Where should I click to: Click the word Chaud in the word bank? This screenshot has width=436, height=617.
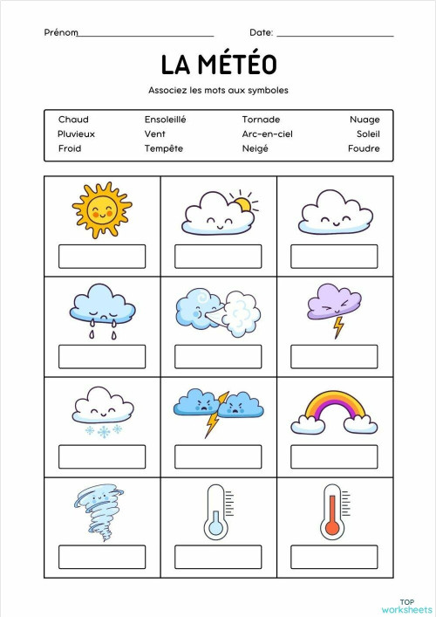coord(73,120)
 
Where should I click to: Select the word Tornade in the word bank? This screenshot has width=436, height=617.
coord(261,120)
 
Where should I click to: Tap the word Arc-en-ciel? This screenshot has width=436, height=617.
coord(267,134)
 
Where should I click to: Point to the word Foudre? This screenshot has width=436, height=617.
coord(364,149)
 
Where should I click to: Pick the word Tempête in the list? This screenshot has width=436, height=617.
coord(164,149)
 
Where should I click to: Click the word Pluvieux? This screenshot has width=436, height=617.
coord(77,134)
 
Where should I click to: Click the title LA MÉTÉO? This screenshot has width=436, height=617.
coord(218,65)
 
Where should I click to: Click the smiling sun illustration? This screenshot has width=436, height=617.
coord(101,209)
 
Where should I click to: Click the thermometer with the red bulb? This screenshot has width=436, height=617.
coord(332,511)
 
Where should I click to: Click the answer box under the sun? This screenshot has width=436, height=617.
coord(102,257)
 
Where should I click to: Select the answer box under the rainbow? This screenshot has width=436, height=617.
coord(334,457)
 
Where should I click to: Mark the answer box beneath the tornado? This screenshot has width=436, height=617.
coord(102,557)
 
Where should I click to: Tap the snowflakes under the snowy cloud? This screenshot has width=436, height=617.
coord(103,430)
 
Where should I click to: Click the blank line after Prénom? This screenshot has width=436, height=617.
coord(146,35)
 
